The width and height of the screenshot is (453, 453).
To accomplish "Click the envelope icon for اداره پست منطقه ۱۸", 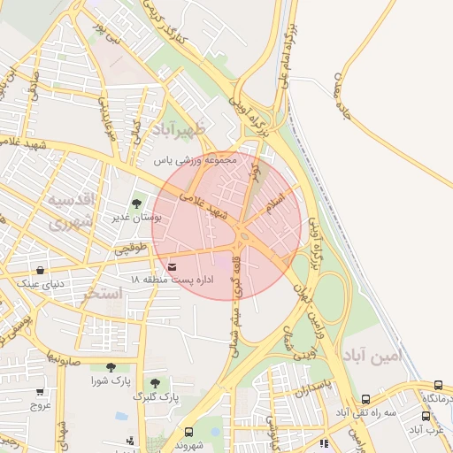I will (172, 266).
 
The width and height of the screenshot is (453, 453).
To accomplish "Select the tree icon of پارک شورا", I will (110, 367).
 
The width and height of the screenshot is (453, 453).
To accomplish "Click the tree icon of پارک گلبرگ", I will (155, 383).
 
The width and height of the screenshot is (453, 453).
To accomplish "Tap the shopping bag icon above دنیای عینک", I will (40, 271).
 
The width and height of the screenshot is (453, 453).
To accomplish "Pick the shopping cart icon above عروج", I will (40, 392).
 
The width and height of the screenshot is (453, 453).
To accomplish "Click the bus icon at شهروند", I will (188, 432).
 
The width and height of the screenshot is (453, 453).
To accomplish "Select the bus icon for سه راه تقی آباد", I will (366, 400).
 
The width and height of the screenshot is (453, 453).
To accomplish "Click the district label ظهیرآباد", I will (178, 129).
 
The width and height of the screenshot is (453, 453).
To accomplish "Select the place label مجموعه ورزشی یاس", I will (197, 161).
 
